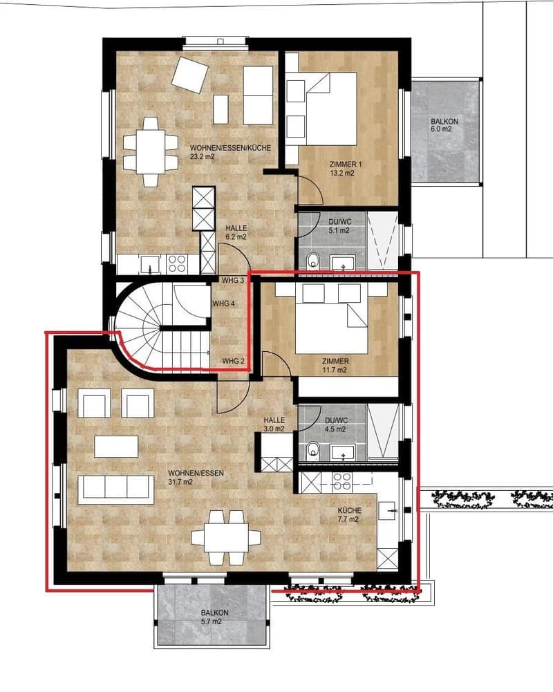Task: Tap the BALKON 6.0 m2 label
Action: click(444, 125)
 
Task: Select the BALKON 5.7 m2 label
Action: click(214, 617)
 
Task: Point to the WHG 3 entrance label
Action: click(233, 280)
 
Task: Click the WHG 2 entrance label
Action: click(234, 361)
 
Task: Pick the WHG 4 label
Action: click(224, 303)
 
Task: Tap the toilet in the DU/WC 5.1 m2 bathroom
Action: click(313, 261)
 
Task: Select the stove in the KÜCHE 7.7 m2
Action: click(341, 481)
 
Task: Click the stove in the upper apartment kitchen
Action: click(177, 263)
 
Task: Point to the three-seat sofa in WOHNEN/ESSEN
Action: click(116, 489)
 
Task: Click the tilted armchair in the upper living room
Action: click(190, 75)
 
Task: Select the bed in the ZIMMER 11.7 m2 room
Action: click(331, 318)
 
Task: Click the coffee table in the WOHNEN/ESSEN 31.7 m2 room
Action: click(116, 446)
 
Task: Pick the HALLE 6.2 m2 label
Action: click(236, 232)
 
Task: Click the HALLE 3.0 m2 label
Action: click(274, 424)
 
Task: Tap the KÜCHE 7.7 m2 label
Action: click(348, 514)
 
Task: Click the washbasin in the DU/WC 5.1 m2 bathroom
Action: click(344, 262)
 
